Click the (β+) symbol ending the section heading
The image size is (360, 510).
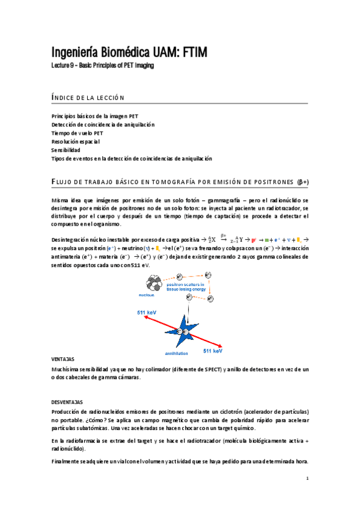303,181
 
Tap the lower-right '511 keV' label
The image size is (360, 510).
212,350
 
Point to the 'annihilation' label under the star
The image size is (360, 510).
177,353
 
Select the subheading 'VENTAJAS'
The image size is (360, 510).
64,357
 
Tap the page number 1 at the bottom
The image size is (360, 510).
307,479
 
